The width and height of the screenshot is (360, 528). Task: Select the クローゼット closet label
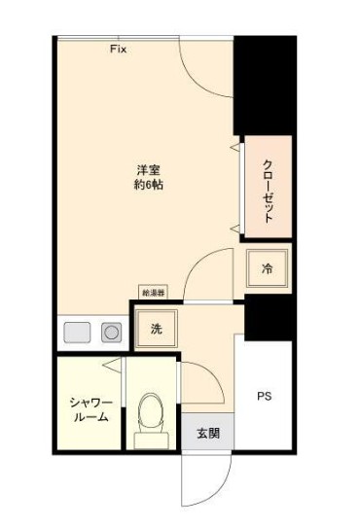(268, 188)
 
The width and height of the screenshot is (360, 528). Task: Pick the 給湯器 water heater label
(153, 292)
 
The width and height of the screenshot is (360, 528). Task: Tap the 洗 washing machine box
(156, 329)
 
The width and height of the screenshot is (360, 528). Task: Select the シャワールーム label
(89, 409)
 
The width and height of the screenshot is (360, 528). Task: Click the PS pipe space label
(264, 397)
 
